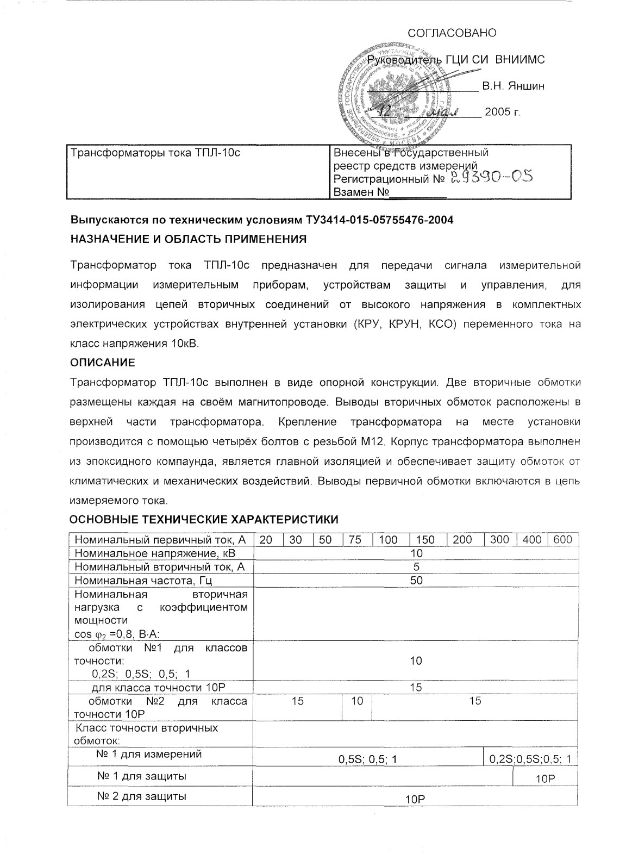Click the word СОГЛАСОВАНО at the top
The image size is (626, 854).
point(452,33)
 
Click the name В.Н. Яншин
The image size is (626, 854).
point(513,86)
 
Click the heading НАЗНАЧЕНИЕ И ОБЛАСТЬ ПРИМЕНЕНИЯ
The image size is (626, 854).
point(189,239)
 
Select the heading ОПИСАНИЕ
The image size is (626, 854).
point(103,362)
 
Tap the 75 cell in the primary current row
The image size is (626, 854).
point(355,540)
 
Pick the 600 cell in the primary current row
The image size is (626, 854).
point(562,540)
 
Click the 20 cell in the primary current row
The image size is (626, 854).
point(266,540)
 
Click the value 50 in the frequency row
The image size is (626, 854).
point(416,581)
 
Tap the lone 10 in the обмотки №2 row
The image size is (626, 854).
point(356,701)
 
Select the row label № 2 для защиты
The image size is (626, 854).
point(141,796)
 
